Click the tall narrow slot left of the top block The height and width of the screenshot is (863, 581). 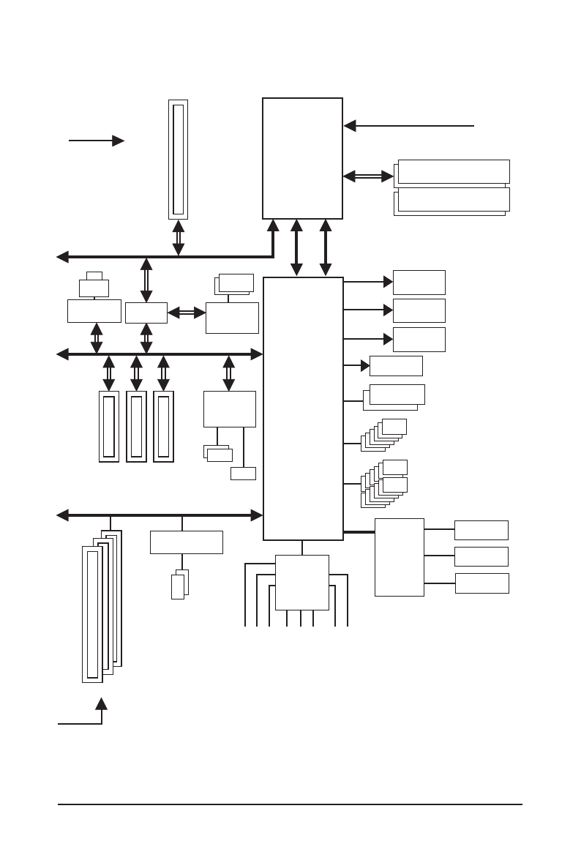178,159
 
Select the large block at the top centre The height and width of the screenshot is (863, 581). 302,158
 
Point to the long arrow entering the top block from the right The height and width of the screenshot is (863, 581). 410,126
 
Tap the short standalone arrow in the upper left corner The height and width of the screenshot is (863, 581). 96,141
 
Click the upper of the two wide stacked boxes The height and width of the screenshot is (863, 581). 454,171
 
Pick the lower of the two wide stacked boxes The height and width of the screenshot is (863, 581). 454,199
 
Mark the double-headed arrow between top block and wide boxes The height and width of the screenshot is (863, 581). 368,176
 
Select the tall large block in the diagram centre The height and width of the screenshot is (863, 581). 303,408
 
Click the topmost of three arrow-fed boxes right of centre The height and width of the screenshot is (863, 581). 419,283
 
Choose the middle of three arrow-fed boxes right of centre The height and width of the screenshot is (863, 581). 419,310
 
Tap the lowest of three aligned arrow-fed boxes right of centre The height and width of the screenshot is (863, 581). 419,340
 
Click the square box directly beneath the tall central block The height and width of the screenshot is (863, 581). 301,582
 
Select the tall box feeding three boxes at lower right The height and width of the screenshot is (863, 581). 399,557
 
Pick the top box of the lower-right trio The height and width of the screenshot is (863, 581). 481,530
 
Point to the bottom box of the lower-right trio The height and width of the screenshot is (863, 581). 481,583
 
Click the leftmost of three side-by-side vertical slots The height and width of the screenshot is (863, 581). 109,426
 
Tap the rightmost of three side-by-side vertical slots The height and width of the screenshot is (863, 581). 163,426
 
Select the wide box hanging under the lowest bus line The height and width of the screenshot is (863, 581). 186,542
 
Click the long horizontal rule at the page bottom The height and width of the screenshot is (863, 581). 290,805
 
